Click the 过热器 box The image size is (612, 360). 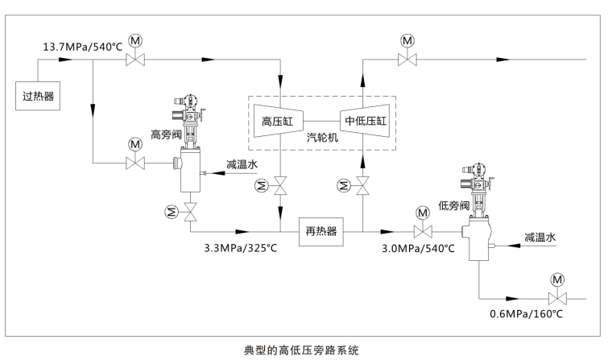(38, 97)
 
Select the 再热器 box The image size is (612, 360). (320, 231)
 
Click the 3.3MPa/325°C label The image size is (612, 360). (240, 247)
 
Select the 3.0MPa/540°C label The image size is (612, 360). (418, 247)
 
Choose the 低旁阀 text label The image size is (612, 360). (453, 205)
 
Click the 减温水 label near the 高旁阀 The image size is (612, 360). (242, 164)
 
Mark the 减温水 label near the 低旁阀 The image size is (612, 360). (540, 238)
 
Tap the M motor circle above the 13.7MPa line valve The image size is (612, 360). (135, 40)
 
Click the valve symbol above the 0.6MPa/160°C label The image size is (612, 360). (556, 297)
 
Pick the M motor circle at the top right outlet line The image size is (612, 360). (407, 40)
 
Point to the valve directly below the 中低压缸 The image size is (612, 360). (363, 187)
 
